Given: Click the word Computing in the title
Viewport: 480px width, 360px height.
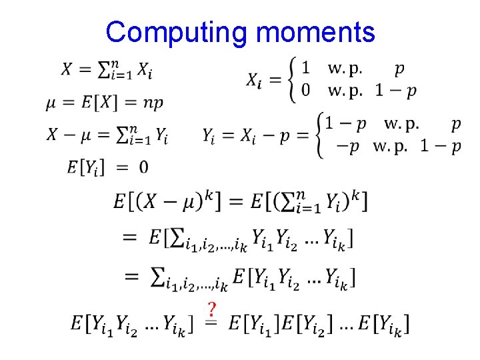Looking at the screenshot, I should pyautogui.click(x=170, y=32).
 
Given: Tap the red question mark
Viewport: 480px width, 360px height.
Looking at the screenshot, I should pyautogui.click(x=212, y=310).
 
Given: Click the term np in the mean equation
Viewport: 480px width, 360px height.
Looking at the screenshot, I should pyautogui.click(x=153, y=103).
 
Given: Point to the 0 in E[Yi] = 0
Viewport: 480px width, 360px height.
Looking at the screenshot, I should pyautogui.click(x=143, y=166).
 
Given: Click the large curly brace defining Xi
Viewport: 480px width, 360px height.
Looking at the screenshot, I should pyautogui.click(x=291, y=79).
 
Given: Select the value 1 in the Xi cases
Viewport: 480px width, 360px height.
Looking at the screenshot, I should pyautogui.click(x=305, y=68).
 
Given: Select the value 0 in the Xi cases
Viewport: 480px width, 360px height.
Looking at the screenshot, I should pyautogui.click(x=305, y=90).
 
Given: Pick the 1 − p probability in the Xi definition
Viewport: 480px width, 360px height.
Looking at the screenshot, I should pyautogui.click(x=395, y=90).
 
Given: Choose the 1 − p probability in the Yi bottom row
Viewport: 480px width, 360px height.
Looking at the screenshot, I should pyautogui.click(x=440, y=147).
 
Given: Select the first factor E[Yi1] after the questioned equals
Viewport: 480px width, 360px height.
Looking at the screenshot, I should pyautogui.click(x=253, y=325).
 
